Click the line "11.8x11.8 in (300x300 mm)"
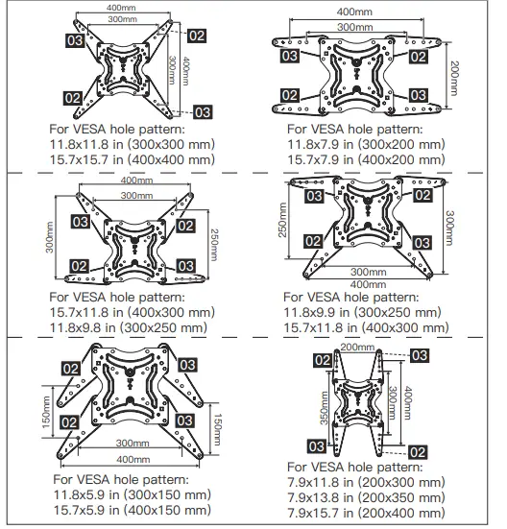132,142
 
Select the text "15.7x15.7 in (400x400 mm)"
132,158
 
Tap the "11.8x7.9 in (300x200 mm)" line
366,142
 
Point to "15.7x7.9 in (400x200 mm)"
366,158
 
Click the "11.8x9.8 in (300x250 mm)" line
129,327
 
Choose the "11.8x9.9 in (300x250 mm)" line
362,312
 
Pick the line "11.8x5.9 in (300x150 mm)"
132,495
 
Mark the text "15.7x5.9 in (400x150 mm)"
132,512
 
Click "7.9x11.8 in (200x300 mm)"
366,483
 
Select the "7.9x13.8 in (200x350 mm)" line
366,499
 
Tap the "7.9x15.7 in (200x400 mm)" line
366,516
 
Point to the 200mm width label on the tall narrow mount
357,347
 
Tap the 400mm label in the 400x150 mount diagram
126,459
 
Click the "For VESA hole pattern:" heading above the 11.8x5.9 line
120,479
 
